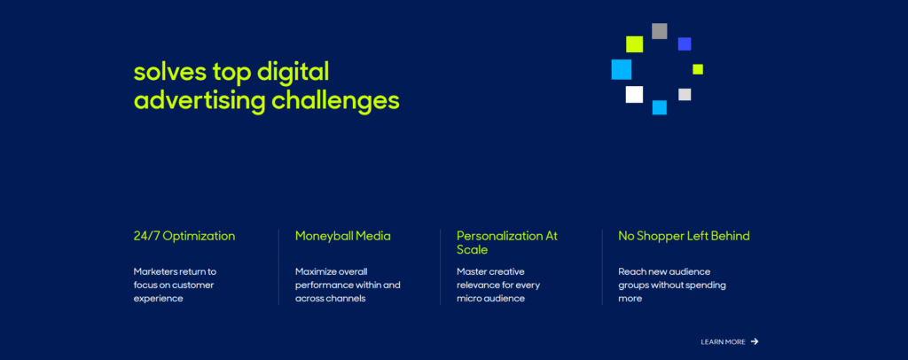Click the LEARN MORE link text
pos(723,342)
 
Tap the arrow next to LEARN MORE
pos(755,341)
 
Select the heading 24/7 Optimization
pos(184,236)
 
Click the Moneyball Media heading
pos(343,236)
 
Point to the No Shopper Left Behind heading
pos(684,236)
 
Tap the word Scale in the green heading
pos(472,250)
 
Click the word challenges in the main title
pos(335,101)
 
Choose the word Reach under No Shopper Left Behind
pos(631,271)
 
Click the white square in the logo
pos(634,94)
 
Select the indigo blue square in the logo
pos(685,44)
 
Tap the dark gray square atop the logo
pos(660,31)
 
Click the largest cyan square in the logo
pos(622,69)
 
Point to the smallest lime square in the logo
pos(698,69)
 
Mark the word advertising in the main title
pos(200,101)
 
